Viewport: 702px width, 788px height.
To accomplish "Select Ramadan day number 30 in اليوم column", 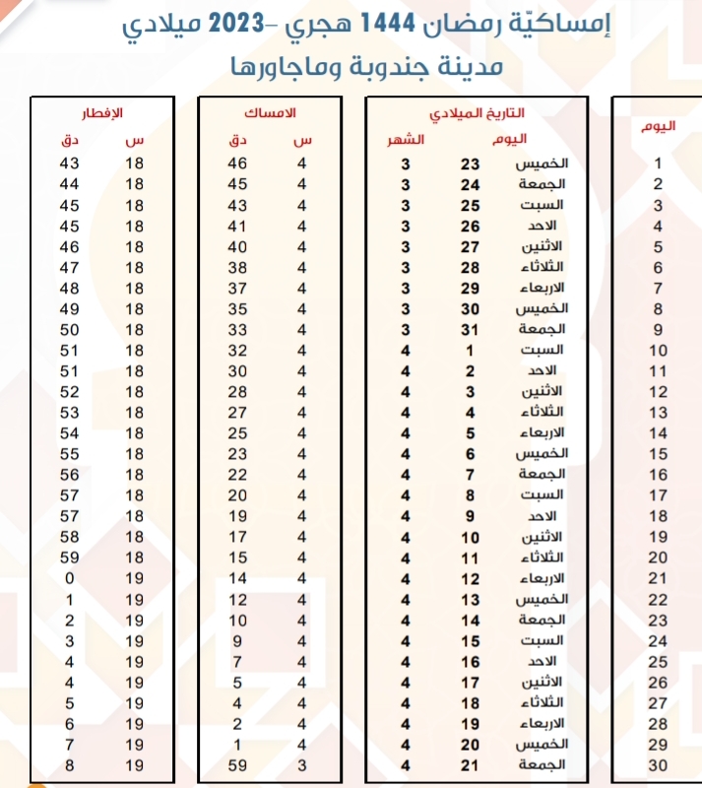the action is point(658,765).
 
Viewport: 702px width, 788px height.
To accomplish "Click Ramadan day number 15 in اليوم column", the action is point(658,454).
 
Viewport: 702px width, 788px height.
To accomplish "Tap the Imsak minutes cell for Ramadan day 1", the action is point(237,164).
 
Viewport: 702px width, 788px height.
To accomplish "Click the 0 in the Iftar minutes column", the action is point(70,578).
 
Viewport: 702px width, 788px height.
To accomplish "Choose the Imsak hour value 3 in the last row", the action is point(302,764).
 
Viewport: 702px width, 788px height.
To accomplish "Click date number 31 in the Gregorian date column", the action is point(471,329).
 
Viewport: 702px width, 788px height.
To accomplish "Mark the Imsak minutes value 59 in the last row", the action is point(237,764).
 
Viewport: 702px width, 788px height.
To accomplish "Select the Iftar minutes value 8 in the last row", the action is point(70,764).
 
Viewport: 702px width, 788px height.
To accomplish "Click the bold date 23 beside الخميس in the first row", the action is point(471,164).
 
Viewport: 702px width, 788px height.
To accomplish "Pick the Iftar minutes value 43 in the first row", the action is point(70,164).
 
